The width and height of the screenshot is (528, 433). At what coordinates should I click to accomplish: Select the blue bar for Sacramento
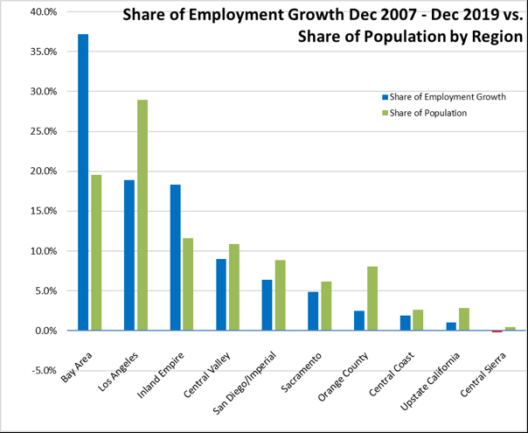[313, 311]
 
